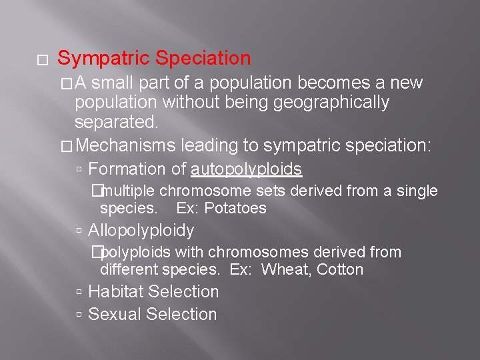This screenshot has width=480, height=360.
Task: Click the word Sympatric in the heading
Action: coord(98,59)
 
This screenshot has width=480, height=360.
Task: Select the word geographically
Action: coord(323,103)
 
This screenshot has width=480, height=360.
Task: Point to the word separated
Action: coord(116,123)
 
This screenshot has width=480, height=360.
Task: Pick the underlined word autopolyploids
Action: coord(246,169)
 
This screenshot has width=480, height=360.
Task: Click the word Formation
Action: coord(126,169)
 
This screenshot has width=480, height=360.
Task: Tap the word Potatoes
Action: coord(235,209)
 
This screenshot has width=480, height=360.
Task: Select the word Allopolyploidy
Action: coord(141,231)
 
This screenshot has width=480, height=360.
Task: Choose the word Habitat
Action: coord(115,292)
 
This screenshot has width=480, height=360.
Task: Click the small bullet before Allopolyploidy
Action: coord(79,231)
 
